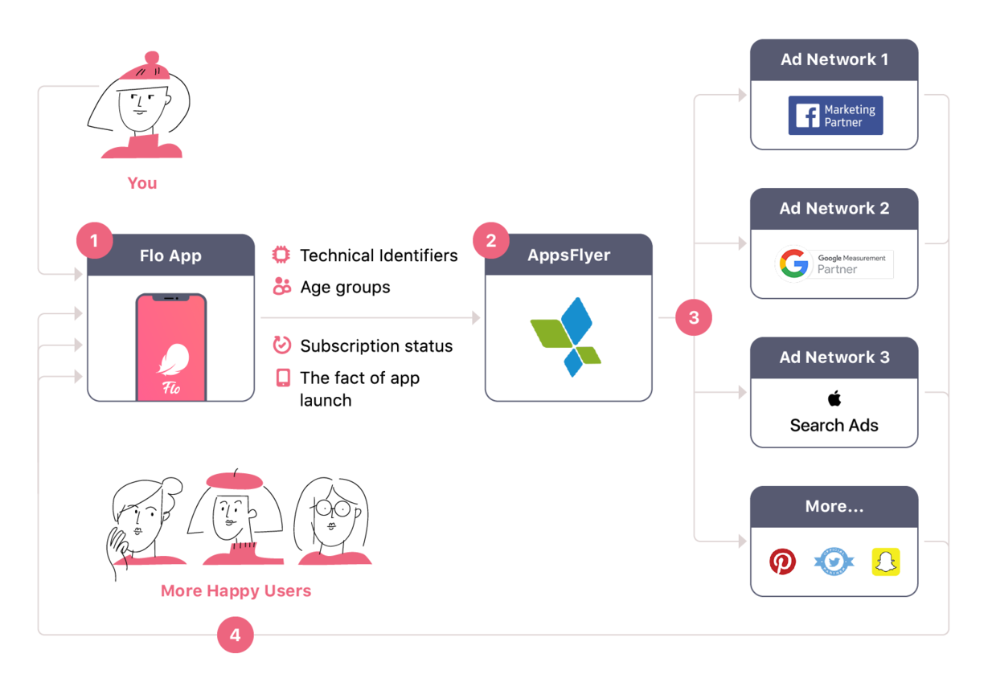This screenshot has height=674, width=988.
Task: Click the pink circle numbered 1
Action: click(94, 241)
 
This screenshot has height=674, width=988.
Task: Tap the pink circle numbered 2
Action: click(491, 241)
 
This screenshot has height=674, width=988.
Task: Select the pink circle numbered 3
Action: click(694, 317)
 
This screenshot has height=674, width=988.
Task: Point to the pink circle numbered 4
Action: click(236, 635)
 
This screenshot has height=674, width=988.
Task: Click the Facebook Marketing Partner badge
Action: click(836, 115)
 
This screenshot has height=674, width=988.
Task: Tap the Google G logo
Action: click(793, 263)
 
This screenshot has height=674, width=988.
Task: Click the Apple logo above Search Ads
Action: click(834, 398)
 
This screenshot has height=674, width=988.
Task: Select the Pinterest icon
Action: click(782, 562)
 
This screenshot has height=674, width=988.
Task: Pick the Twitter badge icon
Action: click(834, 562)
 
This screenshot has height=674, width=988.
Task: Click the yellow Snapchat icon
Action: click(886, 562)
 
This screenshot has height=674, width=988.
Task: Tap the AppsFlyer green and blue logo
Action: click(566, 337)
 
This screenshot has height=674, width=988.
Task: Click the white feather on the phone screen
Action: click(173, 359)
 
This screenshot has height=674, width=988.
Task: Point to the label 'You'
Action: click(142, 183)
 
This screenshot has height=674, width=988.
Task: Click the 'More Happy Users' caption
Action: click(236, 590)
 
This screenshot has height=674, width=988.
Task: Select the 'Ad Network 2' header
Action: click(834, 209)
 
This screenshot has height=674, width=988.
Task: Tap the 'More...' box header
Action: click(834, 507)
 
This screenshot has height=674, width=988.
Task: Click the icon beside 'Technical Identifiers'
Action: click(281, 255)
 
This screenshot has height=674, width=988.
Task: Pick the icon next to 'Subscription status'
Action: click(282, 345)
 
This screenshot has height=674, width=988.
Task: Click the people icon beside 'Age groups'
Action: click(282, 286)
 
